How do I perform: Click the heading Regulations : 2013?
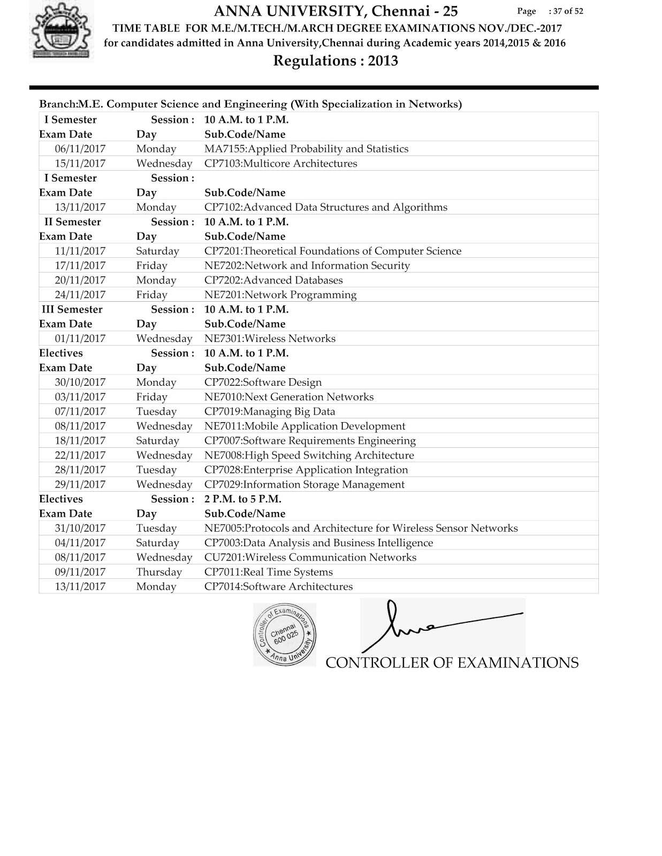[336, 61]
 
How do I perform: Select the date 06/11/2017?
[80, 149]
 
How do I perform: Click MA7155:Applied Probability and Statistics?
[306, 149]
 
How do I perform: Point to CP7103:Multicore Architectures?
[280, 163]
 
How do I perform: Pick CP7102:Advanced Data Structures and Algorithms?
[325, 207]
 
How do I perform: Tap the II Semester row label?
[72, 221]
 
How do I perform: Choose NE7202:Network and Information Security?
[307, 265]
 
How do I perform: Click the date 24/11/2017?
[80, 294]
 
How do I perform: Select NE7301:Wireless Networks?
[270, 338]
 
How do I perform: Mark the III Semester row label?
[72, 309]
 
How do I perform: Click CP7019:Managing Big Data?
[270, 411]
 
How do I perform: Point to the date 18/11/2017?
[80, 440]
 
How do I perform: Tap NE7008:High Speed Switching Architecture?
[309, 455]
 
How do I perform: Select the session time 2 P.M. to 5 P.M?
[242, 499]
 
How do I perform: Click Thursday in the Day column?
[159, 572]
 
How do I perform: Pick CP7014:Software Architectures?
[278, 586]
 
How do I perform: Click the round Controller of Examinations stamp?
[285, 635]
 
